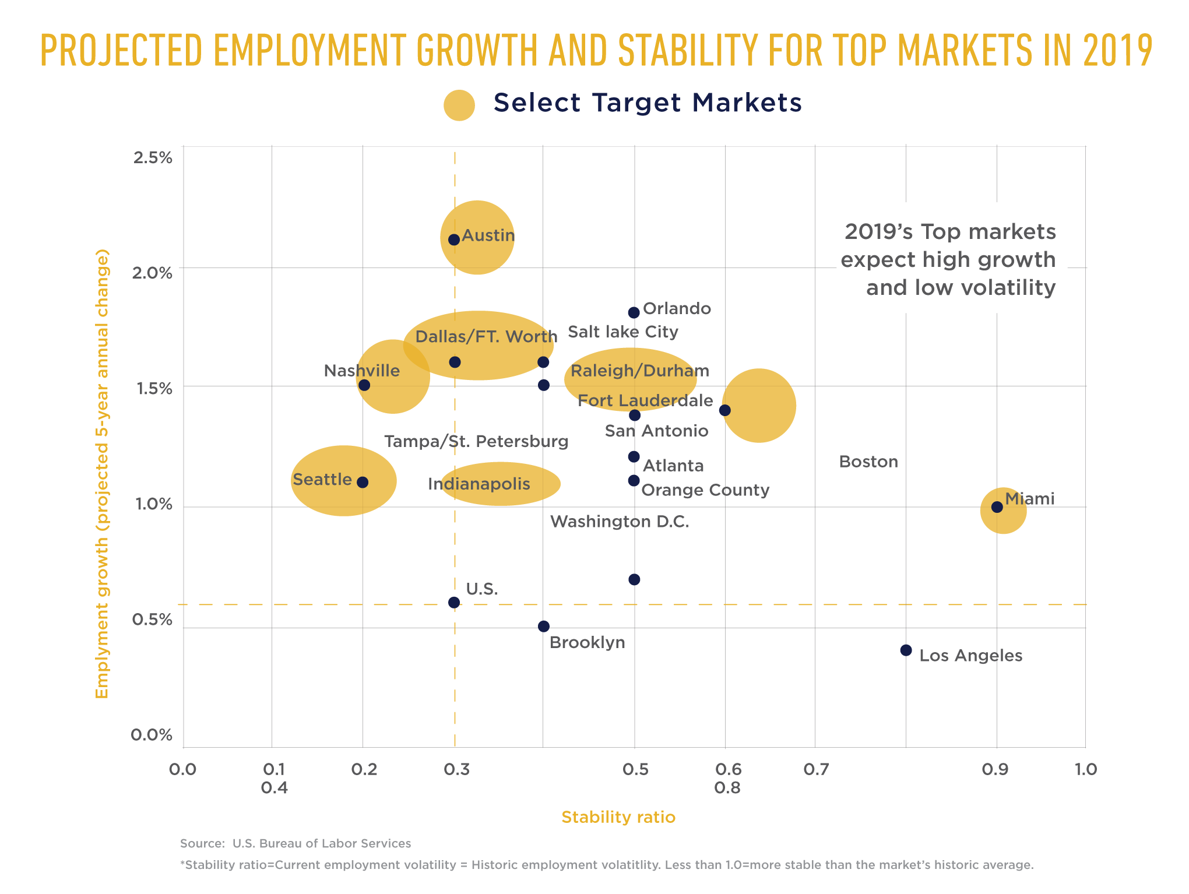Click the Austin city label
(488, 235)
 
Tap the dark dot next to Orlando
(634, 312)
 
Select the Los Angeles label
(970, 656)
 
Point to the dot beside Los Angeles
(906, 650)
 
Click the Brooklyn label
(587, 642)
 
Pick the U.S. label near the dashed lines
(482, 589)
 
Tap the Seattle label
(322, 480)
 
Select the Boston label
(868, 462)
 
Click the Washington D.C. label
(620, 522)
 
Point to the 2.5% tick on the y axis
(153, 157)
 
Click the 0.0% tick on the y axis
(152, 735)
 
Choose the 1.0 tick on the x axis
(1085, 769)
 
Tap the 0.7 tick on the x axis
(816, 769)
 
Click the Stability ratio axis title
(618, 817)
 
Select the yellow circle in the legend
(459, 105)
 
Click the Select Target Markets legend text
(648, 103)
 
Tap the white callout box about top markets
(951, 258)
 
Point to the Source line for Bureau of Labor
(295, 843)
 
